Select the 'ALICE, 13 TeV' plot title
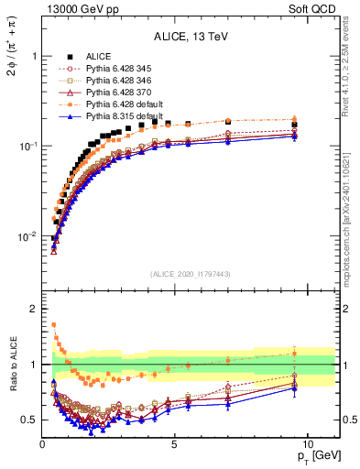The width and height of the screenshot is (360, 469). pyautogui.click(x=191, y=37)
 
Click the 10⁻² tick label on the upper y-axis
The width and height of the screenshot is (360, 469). pyautogui.click(x=27, y=236)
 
